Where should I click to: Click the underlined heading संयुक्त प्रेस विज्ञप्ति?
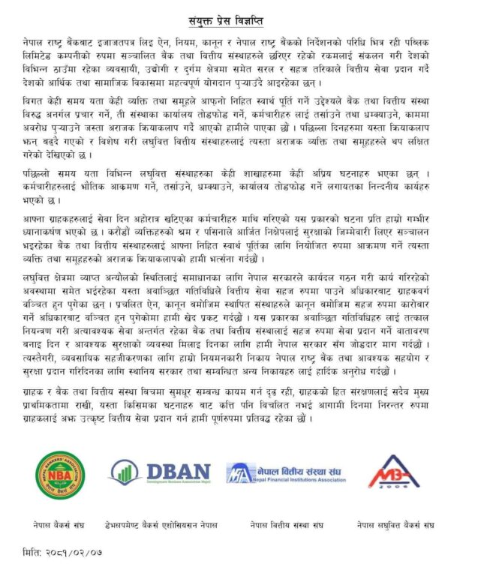[x=239, y=15]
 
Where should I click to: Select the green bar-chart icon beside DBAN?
[x=125, y=471]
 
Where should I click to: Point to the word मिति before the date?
[x=33, y=553]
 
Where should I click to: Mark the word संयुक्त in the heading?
[x=204, y=15]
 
